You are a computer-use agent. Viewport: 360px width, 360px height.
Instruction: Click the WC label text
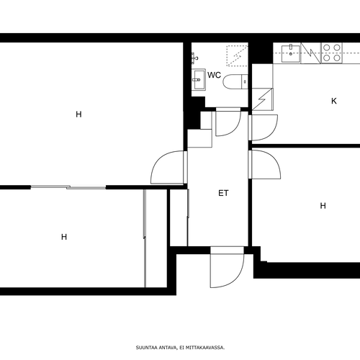point(214,75)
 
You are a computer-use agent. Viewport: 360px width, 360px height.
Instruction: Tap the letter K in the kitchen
point(334,101)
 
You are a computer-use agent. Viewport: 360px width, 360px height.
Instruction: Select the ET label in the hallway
point(223,193)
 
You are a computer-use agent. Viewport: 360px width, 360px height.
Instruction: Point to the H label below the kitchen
point(323,206)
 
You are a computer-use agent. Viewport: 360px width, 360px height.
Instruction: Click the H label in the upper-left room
point(78,114)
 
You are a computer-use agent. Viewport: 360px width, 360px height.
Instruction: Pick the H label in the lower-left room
point(64,237)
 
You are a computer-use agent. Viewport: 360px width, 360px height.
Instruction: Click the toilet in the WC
point(235,81)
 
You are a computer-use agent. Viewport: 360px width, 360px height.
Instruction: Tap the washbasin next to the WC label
point(199,79)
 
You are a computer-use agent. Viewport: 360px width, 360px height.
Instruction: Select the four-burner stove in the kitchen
point(332,53)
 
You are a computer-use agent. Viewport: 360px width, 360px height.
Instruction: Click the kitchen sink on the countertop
point(291,53)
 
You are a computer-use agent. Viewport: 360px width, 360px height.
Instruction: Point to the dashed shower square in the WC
point(237,55)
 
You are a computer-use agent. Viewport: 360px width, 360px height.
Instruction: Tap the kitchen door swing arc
point(264,127)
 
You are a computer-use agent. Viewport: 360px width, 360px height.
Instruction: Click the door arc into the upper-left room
point(168,167)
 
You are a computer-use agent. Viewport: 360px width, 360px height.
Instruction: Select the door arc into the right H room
point(266,164)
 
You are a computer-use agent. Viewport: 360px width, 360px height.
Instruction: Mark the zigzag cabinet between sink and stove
point(310,53)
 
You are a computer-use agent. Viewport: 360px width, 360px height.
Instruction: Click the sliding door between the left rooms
point(68,187)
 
